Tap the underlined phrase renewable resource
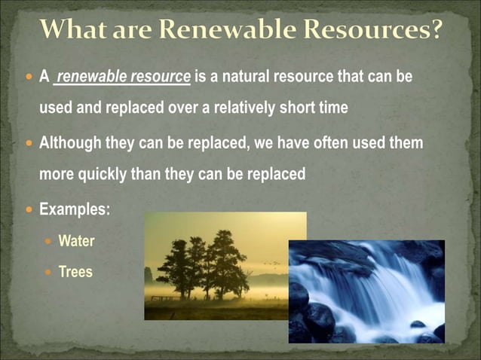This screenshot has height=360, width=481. tap(124, 77)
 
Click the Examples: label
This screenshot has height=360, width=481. tap(75, 209)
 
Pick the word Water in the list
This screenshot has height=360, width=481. tap(76, 242)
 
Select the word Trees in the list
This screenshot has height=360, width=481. tap(75, 272)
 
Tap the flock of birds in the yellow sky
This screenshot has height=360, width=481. tap(272, 263)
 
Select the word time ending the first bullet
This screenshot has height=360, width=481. tap(332, 108)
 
